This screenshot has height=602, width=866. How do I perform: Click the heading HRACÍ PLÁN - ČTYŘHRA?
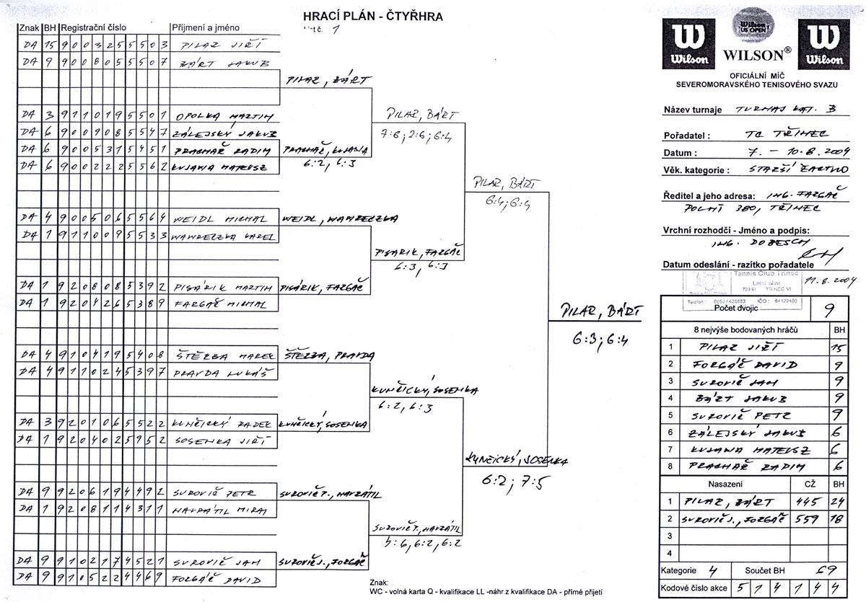tap(372, 15)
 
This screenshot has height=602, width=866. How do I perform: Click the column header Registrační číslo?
tap(94, 27)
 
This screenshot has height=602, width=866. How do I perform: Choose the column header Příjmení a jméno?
tap(201, 27)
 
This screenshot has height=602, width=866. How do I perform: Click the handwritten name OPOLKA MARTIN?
tap(214, 115)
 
